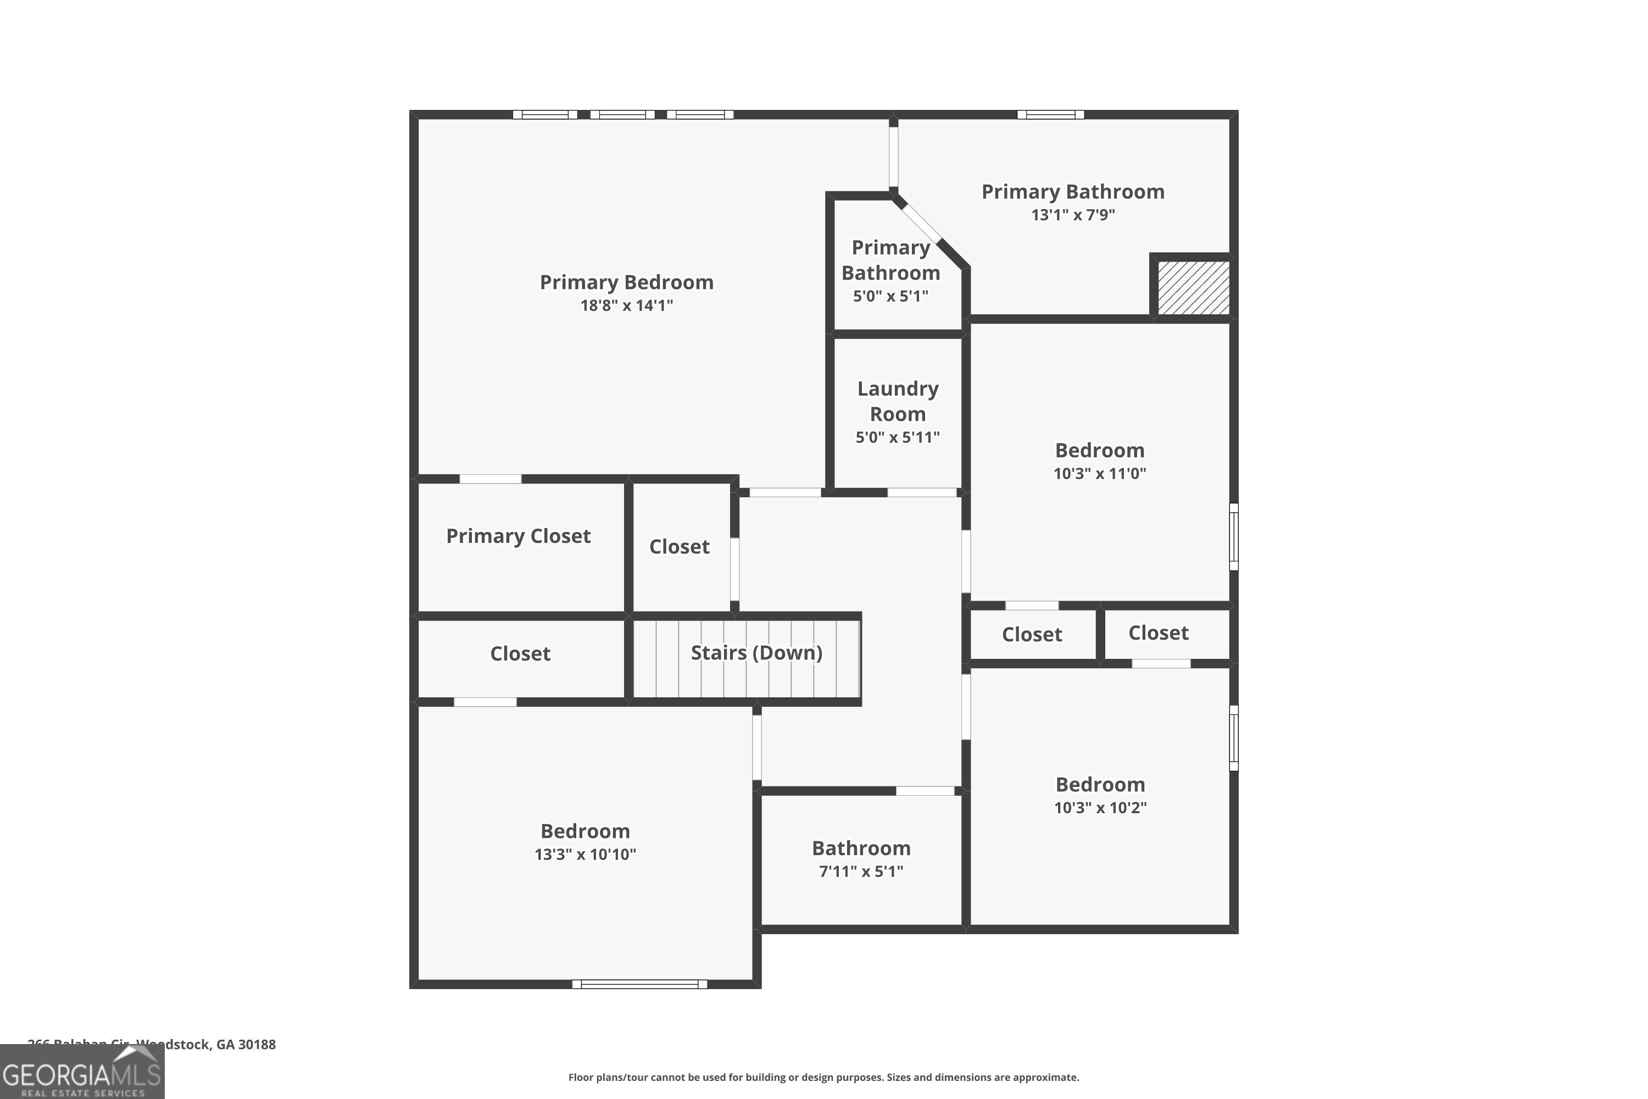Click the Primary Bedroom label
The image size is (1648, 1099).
(x=626, y=282)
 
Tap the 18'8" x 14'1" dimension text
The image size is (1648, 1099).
(x=626, y=305)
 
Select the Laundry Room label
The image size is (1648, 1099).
(x=897, y=401)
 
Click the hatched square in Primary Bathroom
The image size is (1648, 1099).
(x=1193, y=288)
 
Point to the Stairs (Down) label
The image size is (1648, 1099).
(x=756, y=653)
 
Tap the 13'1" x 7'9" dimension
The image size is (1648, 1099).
(x=1072, y=214)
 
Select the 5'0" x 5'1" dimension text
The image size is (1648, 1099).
(x=890, y=296)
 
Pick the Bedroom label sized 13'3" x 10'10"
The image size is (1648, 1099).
(x=584, y=831)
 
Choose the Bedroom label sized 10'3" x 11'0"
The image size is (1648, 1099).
(x=1099, y=450)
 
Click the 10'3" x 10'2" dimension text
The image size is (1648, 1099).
(x=1100, y=807)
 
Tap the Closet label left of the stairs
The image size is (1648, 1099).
(x=520, y=653)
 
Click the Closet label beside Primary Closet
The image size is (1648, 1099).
(x=679, y=547)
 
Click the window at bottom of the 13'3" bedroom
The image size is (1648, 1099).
(x=639, y=984)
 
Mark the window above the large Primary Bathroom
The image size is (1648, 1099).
(x=1050, y=114)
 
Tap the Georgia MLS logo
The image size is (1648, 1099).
(x=82, y=1073)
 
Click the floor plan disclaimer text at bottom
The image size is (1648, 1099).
(x=823, y=1077)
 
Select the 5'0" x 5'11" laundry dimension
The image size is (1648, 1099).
(x=897, y=437)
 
